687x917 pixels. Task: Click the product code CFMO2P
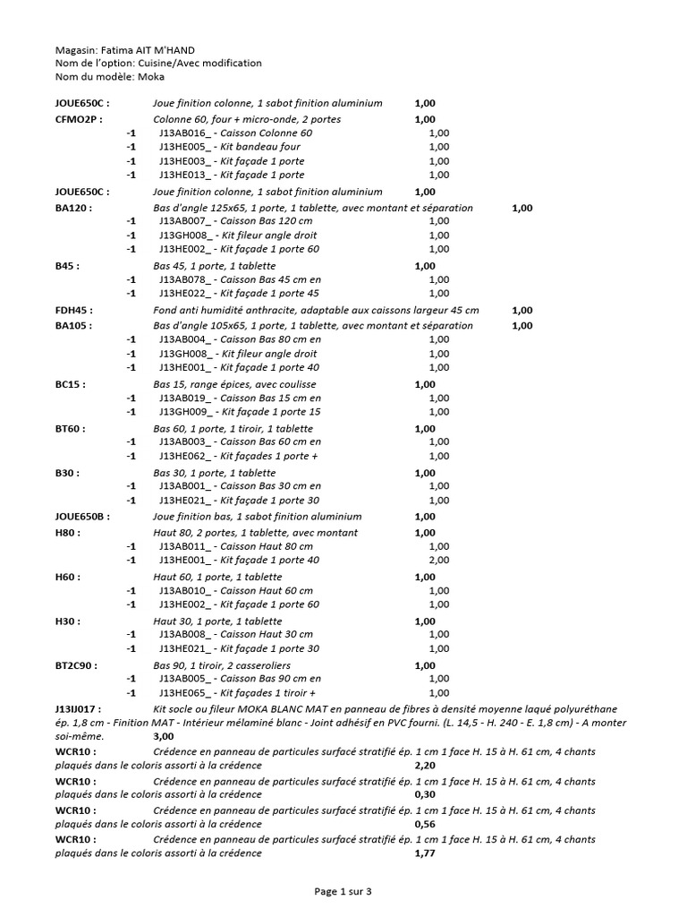pos(78,118)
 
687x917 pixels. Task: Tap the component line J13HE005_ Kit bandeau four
pos(230,147)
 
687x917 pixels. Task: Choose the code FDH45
pos(73,310)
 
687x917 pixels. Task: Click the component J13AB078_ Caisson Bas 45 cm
pos(240,279)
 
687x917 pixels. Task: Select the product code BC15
pos(70,384)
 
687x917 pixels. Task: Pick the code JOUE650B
pos(81,517)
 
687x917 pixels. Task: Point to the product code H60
pos(68,577)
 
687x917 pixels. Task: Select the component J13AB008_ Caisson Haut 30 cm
pos(236,635)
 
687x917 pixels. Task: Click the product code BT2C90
pos(76,665)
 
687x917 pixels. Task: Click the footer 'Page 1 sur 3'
pos(343,891)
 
